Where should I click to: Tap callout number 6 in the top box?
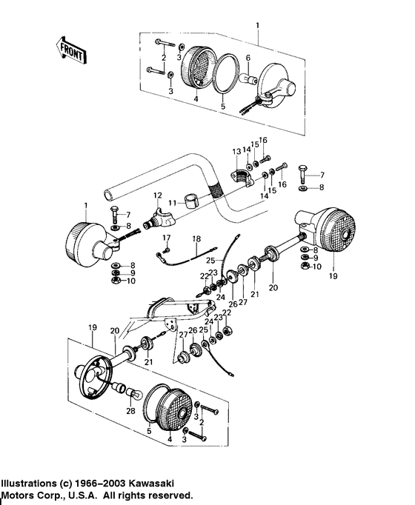pos(248,58)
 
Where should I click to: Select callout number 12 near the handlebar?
pos(157,195)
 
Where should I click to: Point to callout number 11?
pos(171,201)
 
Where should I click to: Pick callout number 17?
pos(167,237)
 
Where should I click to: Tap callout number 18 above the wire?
pos(196,238)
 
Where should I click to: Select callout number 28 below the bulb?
pos(131,411)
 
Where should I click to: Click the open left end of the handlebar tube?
pos(110,195)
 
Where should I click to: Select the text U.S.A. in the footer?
pos(99,496)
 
